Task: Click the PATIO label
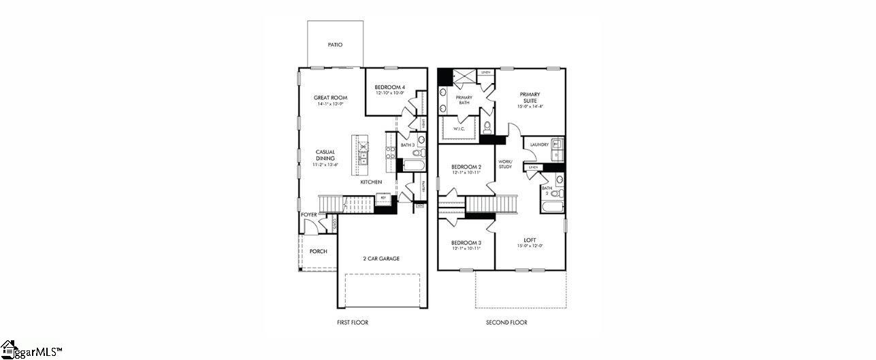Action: pos(335,45)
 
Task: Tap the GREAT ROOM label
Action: pos(331,97)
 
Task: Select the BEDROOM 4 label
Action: pos(390,87)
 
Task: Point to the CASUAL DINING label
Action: pos(325,155)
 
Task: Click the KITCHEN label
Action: pos(371,182)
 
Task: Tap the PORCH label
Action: pos(318,251)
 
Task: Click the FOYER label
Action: pos(309,214)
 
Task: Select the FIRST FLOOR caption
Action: pos(353,323)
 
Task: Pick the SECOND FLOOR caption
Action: pos(506,323)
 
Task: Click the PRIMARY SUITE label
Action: pos(530,97)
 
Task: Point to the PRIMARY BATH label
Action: pos(464,100)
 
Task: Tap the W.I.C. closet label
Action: pos(459,128)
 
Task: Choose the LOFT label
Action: pos(530,240)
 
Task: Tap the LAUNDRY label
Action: pos(540,144)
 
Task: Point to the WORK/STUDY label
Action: pos(505,163)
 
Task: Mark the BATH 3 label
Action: pos(408,145)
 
